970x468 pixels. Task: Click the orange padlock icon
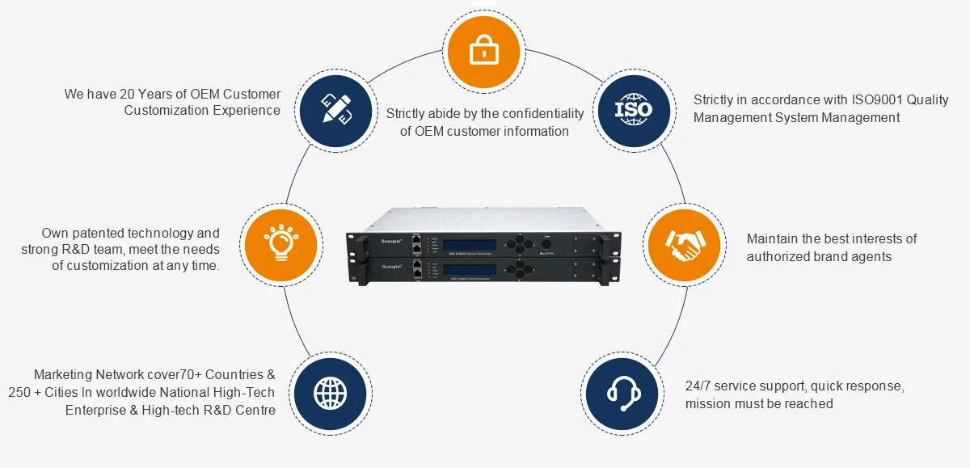483,52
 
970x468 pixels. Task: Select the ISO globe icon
632,108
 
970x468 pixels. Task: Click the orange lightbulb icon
281,242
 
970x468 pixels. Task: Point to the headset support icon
623,392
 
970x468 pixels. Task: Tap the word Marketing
64,375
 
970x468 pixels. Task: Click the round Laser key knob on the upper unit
546,243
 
